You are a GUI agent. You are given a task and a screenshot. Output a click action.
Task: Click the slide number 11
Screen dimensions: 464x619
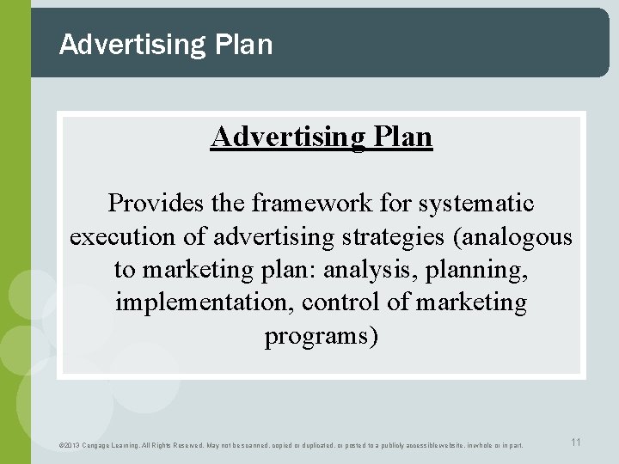(x=576, y=442)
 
